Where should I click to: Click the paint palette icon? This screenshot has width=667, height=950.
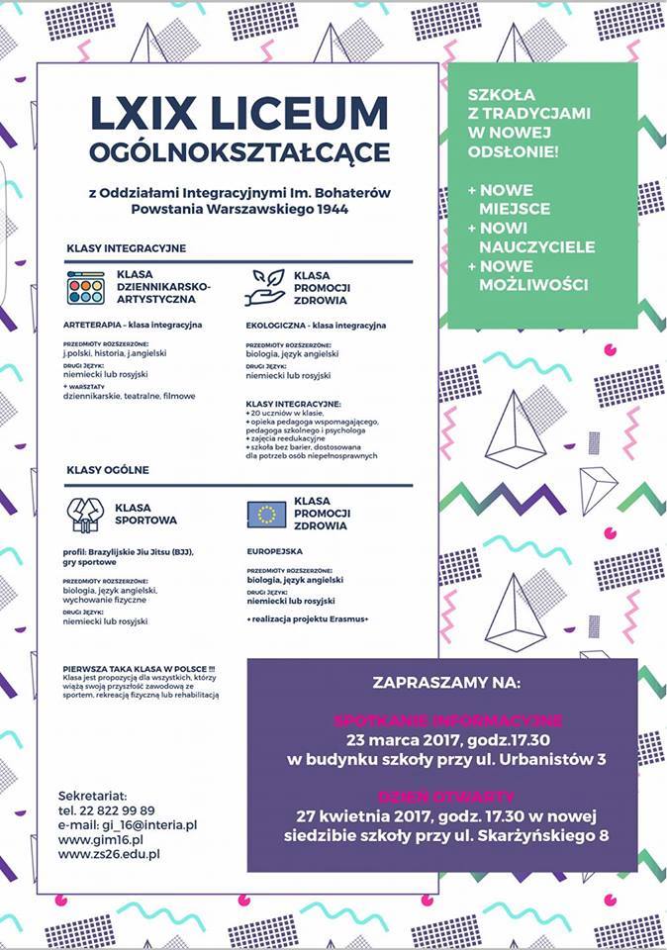click(x=86, y=287)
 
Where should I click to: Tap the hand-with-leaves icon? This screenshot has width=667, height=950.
click(x=265, y=286)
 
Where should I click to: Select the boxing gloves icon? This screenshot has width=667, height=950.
click(x=86, y=513)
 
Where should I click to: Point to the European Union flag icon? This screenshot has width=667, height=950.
click(x=265, y=513)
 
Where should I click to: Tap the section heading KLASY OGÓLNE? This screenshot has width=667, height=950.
click(x=109, y=469)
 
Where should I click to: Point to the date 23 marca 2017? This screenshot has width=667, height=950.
click(x=395, y=739)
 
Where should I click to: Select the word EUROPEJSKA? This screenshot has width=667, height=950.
click(x=274, y=551)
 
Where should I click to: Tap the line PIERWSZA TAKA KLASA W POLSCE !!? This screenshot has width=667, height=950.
click(x=139, y=670)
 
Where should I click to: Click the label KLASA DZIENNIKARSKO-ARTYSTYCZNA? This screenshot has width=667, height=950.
click(x=163, y=286)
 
